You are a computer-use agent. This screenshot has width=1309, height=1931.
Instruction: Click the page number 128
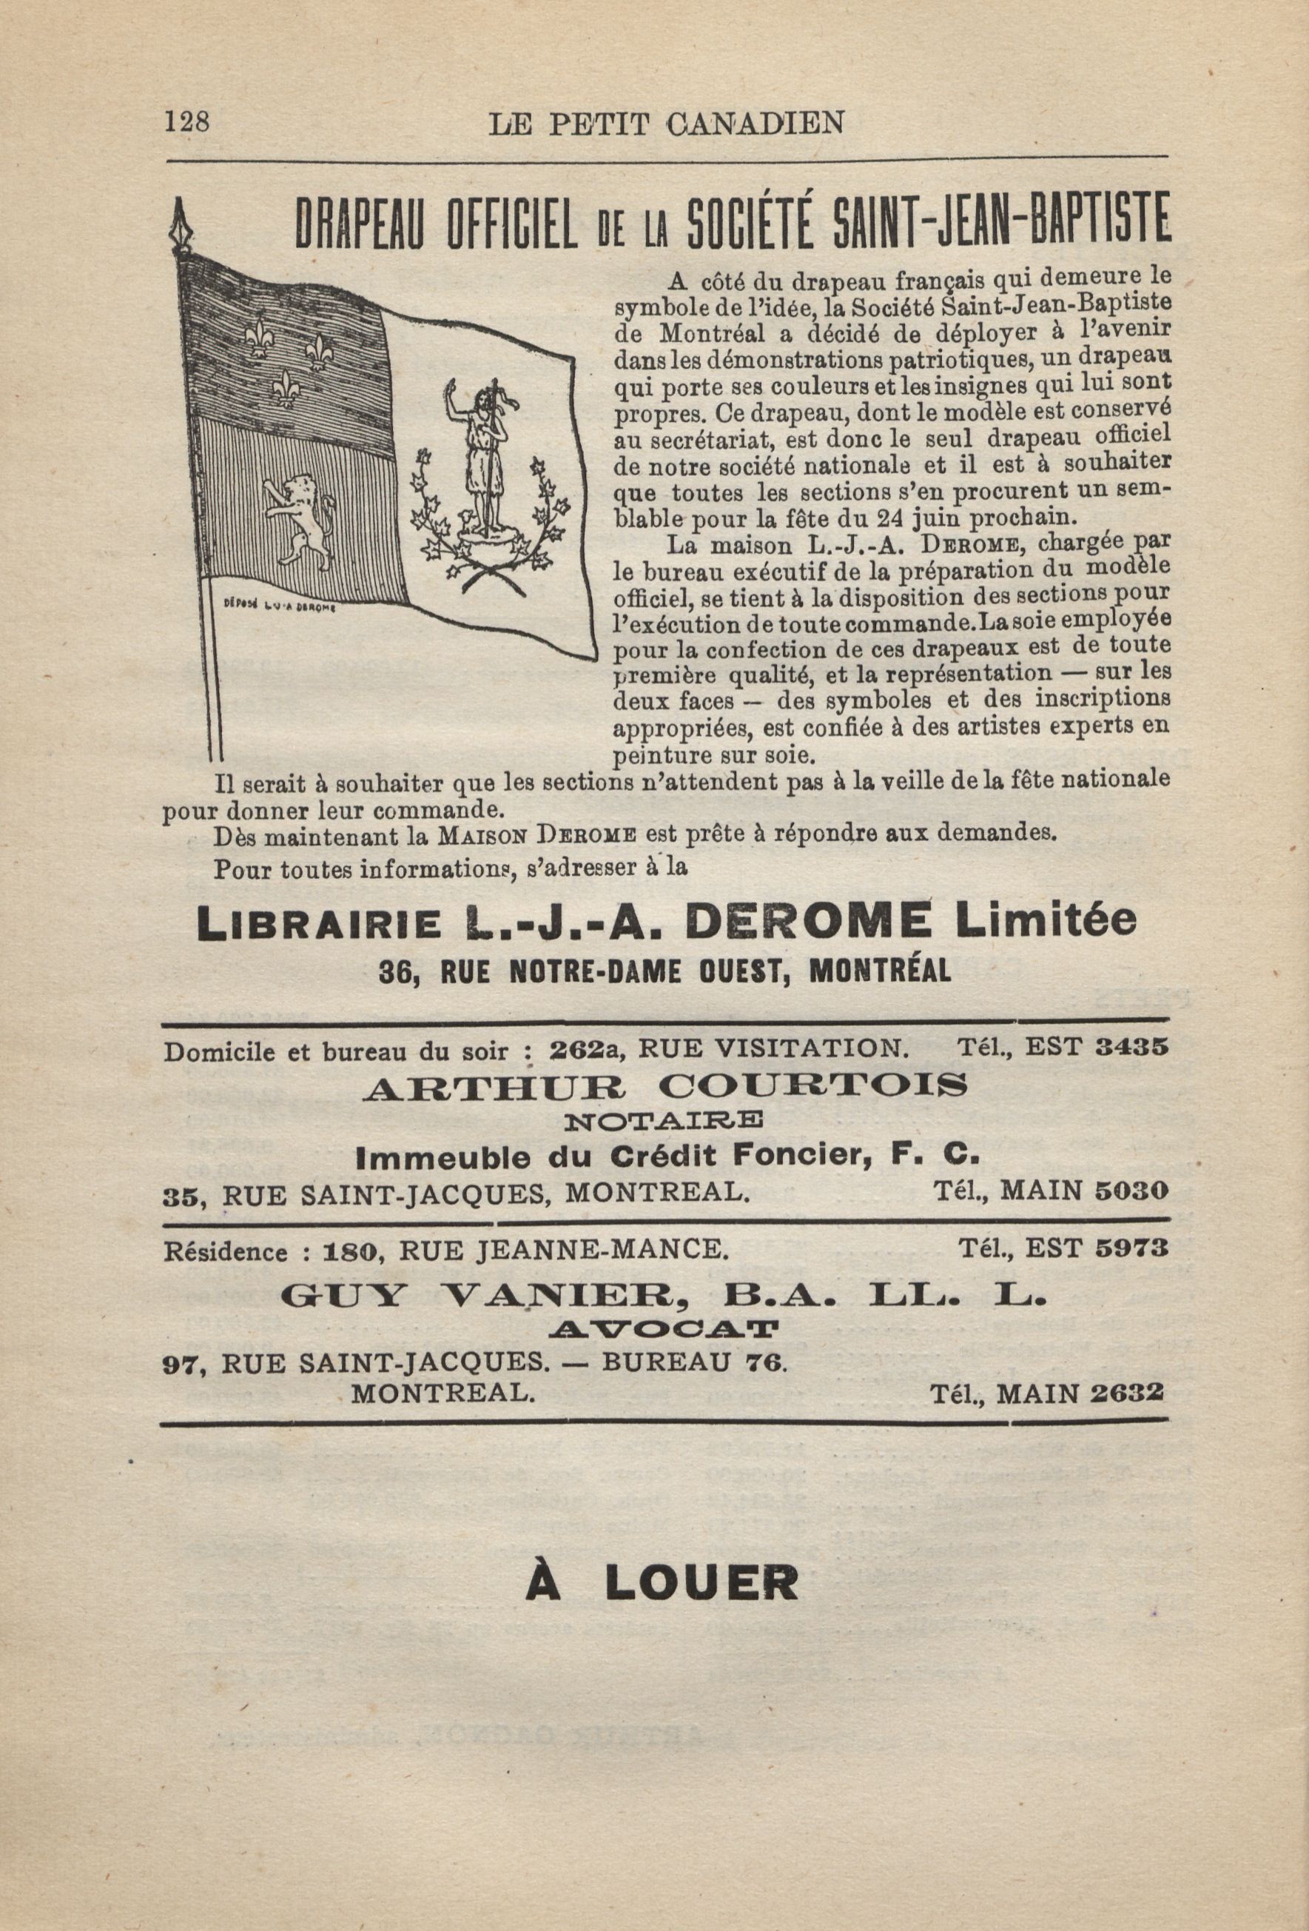(187, 122)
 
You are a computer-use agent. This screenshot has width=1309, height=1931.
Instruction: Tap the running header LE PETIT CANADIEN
(667, 124)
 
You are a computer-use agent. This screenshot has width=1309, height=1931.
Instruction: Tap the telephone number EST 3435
(1097, 1048)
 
